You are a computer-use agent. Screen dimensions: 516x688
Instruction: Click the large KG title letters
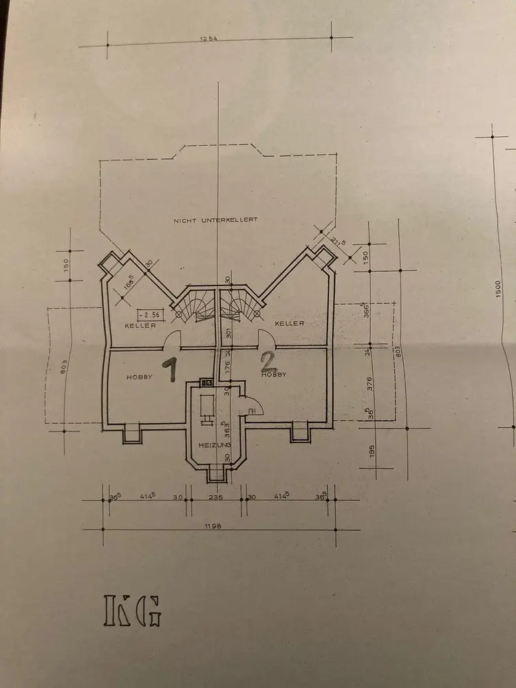133,609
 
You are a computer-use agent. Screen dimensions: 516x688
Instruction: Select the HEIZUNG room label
214,446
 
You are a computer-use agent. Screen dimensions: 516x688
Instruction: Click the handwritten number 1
169,369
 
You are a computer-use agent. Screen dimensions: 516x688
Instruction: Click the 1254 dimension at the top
208,39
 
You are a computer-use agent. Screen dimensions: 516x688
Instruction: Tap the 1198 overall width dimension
222,525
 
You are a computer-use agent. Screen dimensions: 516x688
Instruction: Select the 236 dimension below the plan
217,497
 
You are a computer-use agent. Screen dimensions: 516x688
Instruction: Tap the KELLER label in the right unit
290,323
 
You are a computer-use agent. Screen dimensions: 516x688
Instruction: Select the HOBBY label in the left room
139,377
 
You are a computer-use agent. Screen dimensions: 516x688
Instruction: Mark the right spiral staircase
241,305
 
